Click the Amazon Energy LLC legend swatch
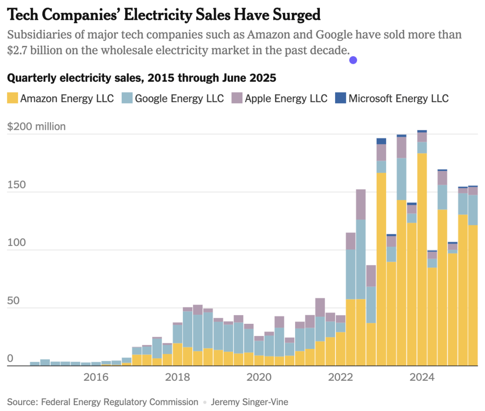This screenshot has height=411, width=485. [13, 98]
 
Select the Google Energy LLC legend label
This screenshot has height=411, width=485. [179, 98]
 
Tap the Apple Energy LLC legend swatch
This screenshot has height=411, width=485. [237, 98]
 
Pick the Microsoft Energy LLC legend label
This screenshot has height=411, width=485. [398, 98]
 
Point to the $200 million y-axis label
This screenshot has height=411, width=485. [36, 126]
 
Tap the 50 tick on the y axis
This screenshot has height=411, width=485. [13, 301]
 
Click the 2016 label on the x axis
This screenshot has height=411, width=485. [96, 377]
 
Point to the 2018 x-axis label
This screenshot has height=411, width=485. [178, 377]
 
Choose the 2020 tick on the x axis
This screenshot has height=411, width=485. [260, 377]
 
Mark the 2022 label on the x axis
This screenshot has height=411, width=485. [341, 377]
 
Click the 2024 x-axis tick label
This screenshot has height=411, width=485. [423, 377]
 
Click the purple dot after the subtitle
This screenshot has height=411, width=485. [353, 60]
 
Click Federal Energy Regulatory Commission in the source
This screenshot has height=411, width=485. [119, 402]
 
